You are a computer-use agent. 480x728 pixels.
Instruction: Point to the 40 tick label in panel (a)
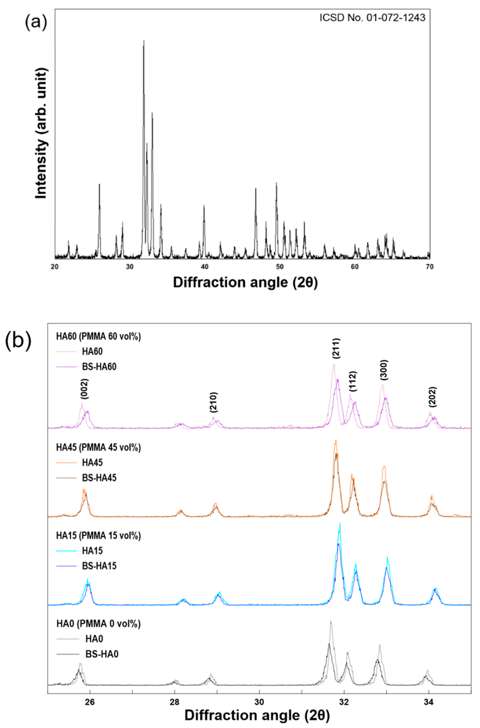[x=204, y=266]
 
